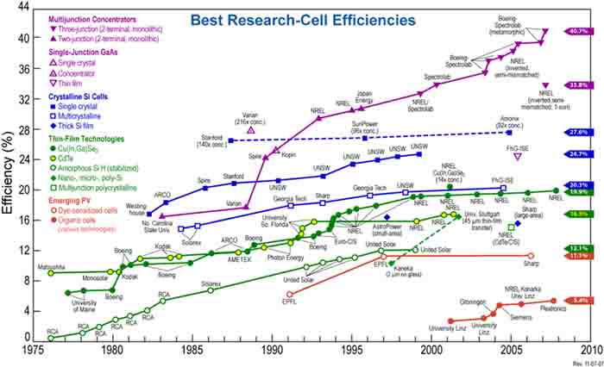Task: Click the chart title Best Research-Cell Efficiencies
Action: pyautogui.click(x=304, y=18)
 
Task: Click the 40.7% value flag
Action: pyautogui.click(x=577, y=31)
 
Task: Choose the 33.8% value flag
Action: pyautogui.click(x=577, y=85)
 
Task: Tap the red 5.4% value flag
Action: pyautogui.click(x=577, y=301)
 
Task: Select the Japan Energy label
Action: pyautogui.click(x=363, y=96)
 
